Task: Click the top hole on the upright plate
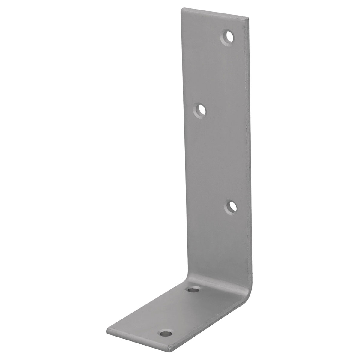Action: (229, 38)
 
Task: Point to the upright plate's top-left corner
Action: (181, 9)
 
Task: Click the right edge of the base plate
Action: (210, 325)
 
